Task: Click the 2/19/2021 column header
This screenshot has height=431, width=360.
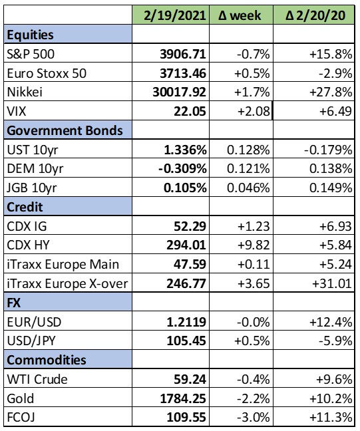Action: [x=174, y=15]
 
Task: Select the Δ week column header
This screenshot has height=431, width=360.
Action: [x=240, y=15]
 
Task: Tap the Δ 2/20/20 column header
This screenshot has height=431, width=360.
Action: [x=315, y=15]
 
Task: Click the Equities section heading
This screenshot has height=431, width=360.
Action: [x=30, y=35]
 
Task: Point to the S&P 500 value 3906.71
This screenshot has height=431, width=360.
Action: [x=183, y=54]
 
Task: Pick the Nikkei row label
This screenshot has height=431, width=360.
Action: [x=25, y=92]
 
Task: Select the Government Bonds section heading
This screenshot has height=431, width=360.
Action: [x=65, y=130]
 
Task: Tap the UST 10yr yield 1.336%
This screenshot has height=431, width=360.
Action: [x=185, y=150]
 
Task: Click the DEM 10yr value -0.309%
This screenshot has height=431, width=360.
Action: [x=182, y=168]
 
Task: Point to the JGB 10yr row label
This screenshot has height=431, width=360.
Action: [x=32, y=188]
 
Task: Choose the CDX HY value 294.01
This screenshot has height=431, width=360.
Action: [x=186, y=245]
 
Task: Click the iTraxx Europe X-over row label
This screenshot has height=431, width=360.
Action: [x=67, y=283]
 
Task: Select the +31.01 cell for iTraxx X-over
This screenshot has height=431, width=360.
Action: [x=332, y=283]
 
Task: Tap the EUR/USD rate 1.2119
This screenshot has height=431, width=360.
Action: [x=186, y=322]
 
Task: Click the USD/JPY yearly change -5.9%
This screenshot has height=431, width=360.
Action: [x=335, y=341]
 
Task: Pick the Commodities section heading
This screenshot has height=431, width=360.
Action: [x=47, y=360]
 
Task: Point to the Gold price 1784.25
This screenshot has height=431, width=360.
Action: [x=183, y=398]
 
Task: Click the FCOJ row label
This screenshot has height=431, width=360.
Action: [x=21, y=417]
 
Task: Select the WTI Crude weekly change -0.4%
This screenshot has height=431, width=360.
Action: [x=254, y=379]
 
